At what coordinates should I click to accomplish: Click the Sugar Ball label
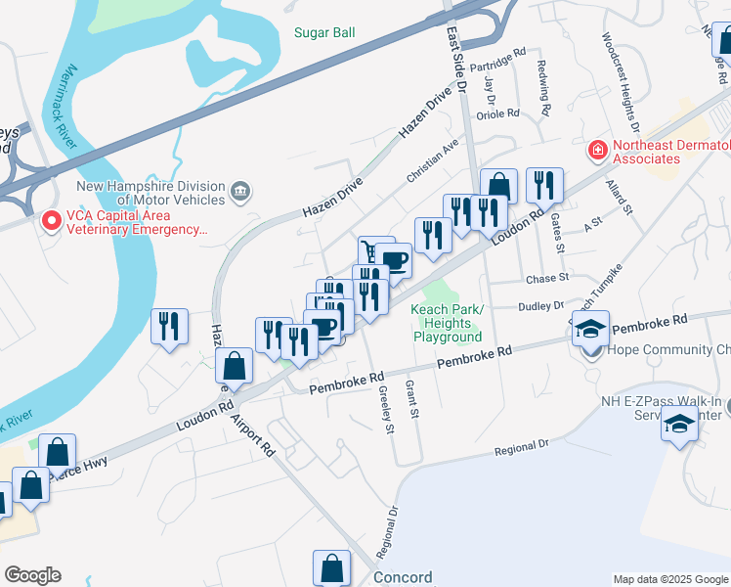tap(324, 32)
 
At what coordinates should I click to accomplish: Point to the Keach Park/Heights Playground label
tap(447, 323)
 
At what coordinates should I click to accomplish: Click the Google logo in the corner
tap(32, 575)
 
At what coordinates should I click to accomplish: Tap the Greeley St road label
tap(385, 409)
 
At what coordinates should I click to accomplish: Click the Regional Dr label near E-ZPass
tap(522, 442)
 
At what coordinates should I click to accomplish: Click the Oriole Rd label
tap(495, 114)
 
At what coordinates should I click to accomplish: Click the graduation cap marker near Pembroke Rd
tap(589, 328)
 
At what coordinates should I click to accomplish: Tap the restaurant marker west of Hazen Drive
tap(169, 325)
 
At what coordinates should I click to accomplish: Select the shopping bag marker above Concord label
tap(331, 566)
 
